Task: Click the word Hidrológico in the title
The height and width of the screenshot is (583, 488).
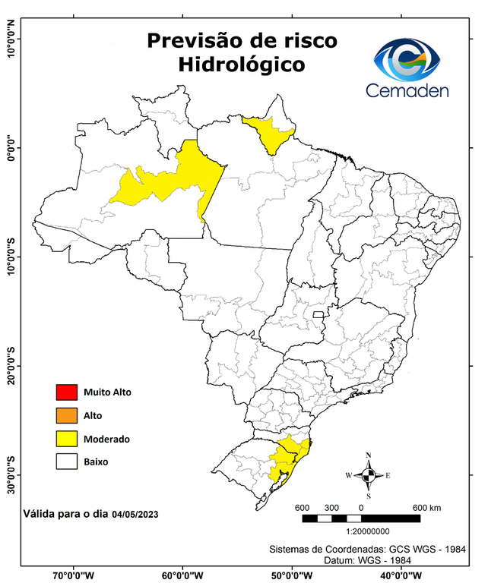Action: tap(242, 65)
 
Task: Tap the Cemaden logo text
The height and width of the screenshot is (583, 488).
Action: tap(407, 90)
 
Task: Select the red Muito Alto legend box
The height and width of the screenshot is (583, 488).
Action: tap(66, 392)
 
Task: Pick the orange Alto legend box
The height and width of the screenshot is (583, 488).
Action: tap(66, 415)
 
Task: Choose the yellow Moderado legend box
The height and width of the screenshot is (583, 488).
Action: tap(66, 438)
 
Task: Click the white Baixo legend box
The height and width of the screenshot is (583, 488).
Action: tap(66, 461)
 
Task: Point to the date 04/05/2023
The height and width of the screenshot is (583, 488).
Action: tap(135, 514)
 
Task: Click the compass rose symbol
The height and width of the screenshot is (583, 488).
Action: tap(368, 476)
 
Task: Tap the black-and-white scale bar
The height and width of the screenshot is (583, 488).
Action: tap(361, 518)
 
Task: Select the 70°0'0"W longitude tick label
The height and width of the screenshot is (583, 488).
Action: tap(74, 575)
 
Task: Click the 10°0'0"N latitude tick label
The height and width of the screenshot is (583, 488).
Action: tap(11, 39)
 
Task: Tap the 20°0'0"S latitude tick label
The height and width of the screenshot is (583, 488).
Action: tap(11, 366)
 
